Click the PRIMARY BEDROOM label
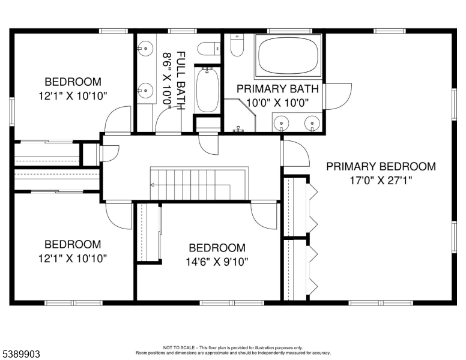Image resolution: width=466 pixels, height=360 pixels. coord(381,167)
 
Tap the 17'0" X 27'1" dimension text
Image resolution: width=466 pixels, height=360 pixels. coord(381,180)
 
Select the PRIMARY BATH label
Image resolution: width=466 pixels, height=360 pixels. coord(277,89)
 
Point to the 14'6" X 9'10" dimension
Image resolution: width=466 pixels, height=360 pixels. coord(217,262)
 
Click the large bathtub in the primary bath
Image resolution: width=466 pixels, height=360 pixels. coord(288,56)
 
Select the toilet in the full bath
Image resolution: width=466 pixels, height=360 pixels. coord(209,49)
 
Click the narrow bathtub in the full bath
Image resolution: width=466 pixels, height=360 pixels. coord(208,90)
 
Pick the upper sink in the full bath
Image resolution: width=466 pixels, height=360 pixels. coord(145,48)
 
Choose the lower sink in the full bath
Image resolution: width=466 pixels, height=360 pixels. coord(145,89)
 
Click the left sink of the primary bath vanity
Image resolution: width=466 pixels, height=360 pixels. coord(281,122)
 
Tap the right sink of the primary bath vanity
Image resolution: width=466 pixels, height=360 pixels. coord(312,122)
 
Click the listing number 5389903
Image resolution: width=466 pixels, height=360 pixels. coord(21,354)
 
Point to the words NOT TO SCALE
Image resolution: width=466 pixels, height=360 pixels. coord(179,347)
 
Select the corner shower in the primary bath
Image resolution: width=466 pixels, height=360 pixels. coord(240,115)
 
